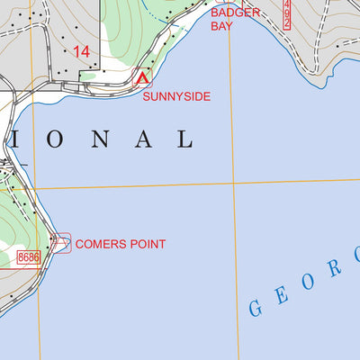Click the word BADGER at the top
(x=235, y=13)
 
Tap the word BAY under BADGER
(x=221, y=27)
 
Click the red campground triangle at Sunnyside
(x=141, y=79)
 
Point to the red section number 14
(x=81, y=52)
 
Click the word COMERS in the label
(x=103, y=244)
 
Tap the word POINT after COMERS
(x=148, y=244)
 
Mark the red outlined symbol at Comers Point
(x=61, y=241)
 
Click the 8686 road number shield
(x=29, y=257)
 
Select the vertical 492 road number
(x=287, y=15)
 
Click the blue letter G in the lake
(x=256, y=308)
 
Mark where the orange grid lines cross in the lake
(x=233, y=184)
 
